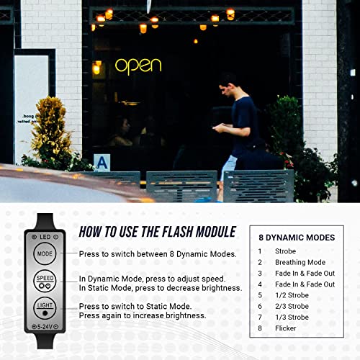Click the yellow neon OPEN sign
coord(138,66)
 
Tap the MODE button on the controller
coord(45,253)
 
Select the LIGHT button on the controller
coord(45,306)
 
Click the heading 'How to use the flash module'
coord(157,231)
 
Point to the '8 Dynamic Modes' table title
coord(297,237)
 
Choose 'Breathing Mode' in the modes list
coord(300,262)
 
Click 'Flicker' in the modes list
coord(287,328)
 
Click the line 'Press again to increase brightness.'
coord(143,315)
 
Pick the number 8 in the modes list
coord(261,328)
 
